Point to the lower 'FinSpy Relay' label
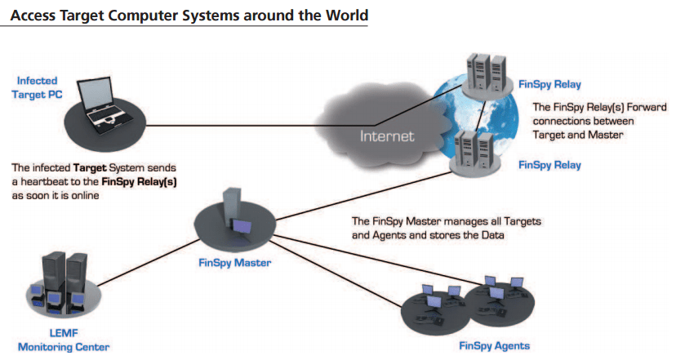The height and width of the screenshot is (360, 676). pos(549,165)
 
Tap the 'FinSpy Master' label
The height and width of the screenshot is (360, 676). pos(234,263)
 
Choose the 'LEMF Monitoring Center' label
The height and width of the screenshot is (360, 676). pos(64,340)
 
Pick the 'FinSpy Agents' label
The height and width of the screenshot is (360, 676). pos(494,344)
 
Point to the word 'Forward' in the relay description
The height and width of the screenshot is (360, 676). pos(623,107)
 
